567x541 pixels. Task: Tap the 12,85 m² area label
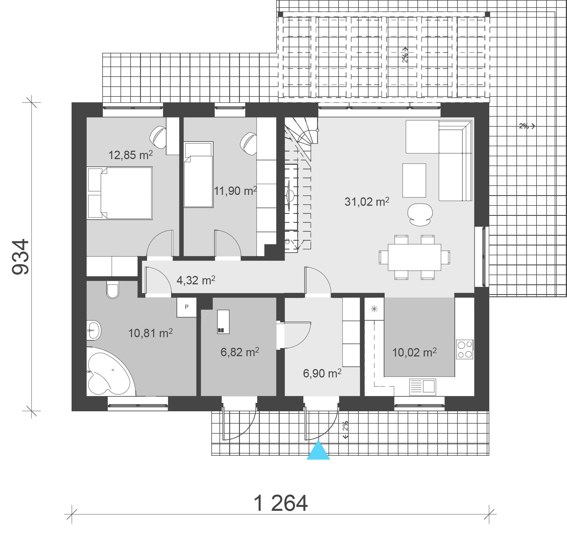130,155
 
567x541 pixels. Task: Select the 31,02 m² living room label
367,202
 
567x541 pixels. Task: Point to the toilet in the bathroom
112,290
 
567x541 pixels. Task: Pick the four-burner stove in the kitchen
465,349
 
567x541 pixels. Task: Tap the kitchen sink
422,387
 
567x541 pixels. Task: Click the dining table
414,257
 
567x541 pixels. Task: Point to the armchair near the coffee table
420,214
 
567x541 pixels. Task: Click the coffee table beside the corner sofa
414,181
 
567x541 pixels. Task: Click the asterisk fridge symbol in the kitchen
374,309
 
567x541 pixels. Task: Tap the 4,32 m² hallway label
196,280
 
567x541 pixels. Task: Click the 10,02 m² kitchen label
414,352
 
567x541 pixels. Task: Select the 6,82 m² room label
240,352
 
